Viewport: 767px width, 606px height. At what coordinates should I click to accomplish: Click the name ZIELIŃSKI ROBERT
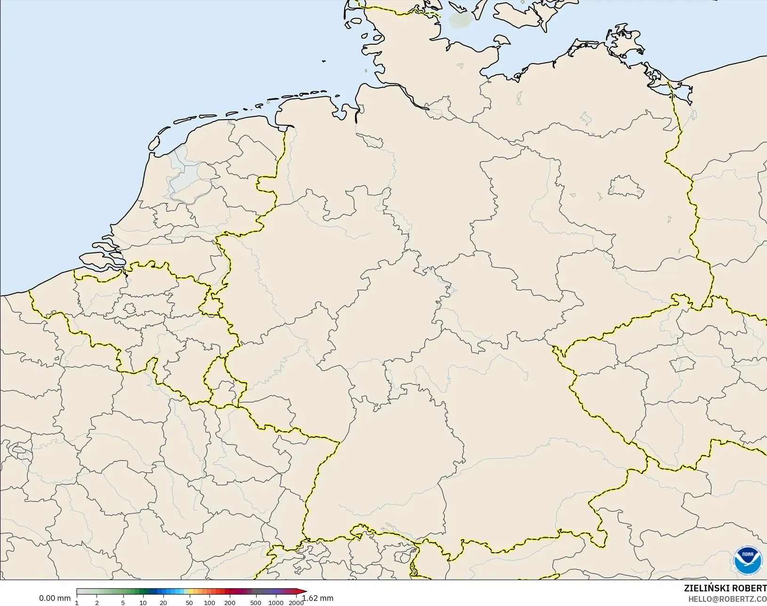click(725, 588)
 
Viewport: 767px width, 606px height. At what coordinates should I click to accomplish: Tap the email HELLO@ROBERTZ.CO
click(727, 599)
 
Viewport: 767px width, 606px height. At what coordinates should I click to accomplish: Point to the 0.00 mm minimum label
click(55, 598)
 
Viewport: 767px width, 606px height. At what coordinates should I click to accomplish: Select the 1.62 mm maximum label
click(318, 598)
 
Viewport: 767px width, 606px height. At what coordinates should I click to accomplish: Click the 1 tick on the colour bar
click(77, 603)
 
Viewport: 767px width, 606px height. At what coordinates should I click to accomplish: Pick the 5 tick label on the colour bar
click(123, 603)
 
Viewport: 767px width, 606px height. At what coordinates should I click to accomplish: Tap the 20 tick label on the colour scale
click(163, 603)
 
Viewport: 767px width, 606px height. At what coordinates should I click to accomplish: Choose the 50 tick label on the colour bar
click(189, 603)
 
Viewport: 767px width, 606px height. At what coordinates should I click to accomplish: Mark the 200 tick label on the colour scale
click(230, 603)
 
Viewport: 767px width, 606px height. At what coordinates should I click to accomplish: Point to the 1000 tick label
click(276, 603)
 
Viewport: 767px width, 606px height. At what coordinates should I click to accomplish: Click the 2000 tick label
click(296, 603)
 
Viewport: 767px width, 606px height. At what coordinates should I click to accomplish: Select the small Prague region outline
click(682, 364)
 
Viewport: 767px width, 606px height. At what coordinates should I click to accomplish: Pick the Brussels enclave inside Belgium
click(129, 309)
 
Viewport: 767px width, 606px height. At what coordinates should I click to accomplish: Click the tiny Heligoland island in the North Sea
click(324, 61)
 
